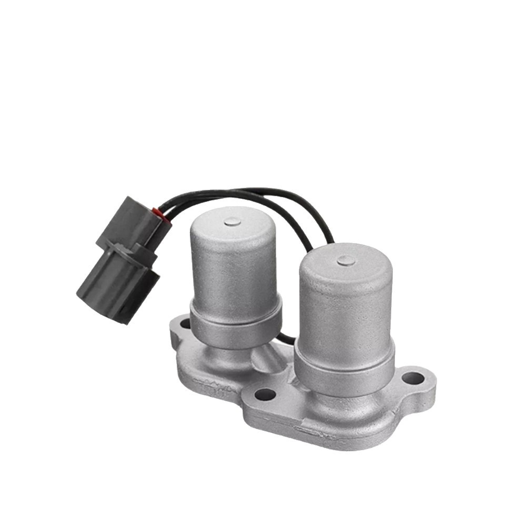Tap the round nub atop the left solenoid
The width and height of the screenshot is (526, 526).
click(232, 221)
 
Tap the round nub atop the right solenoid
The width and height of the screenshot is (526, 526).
click(346, 259)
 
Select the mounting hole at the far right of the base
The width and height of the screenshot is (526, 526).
click(412, 378)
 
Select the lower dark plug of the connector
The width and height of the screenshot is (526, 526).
click(118, 284)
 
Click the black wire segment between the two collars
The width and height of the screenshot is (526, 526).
click(287, 339)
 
